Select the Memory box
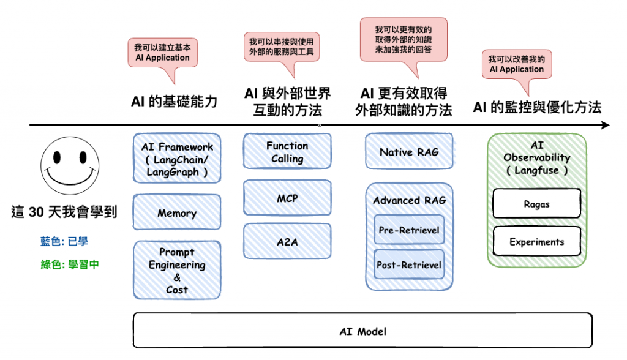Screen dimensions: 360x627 pyautogui.click(x=177, y=213)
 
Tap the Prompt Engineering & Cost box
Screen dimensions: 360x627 pyautogui.click(x=177, y=270)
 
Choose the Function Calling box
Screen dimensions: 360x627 pyautogui.click(x=287, y=152)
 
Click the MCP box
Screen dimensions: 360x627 pyautogui.click(x=287, y=198)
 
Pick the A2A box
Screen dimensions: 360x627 pyautogui.click(x=287, y=241)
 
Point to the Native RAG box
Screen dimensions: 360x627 pyautogui.click(x=409, y=152)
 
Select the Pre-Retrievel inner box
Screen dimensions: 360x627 pyautogui.click(x=409, y=231)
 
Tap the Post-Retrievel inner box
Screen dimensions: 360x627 pyautogui.click(x=409, y=264)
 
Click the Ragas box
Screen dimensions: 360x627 pyautogui.click(x=536, y=204)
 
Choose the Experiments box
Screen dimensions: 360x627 pyautogui.click(x=536, y=242)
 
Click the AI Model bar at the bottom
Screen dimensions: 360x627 pyautogui.click(x=362, y=331)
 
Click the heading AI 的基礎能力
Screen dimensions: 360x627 pyautogui.click(x=175, y=101)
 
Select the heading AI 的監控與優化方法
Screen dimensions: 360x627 pyautogui.click(x=537, y=108)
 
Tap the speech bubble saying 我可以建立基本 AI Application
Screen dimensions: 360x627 pyautogui.click(x=163, y=54)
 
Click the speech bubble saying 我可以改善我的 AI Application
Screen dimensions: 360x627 pyautogui.click(x=516, y=64)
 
